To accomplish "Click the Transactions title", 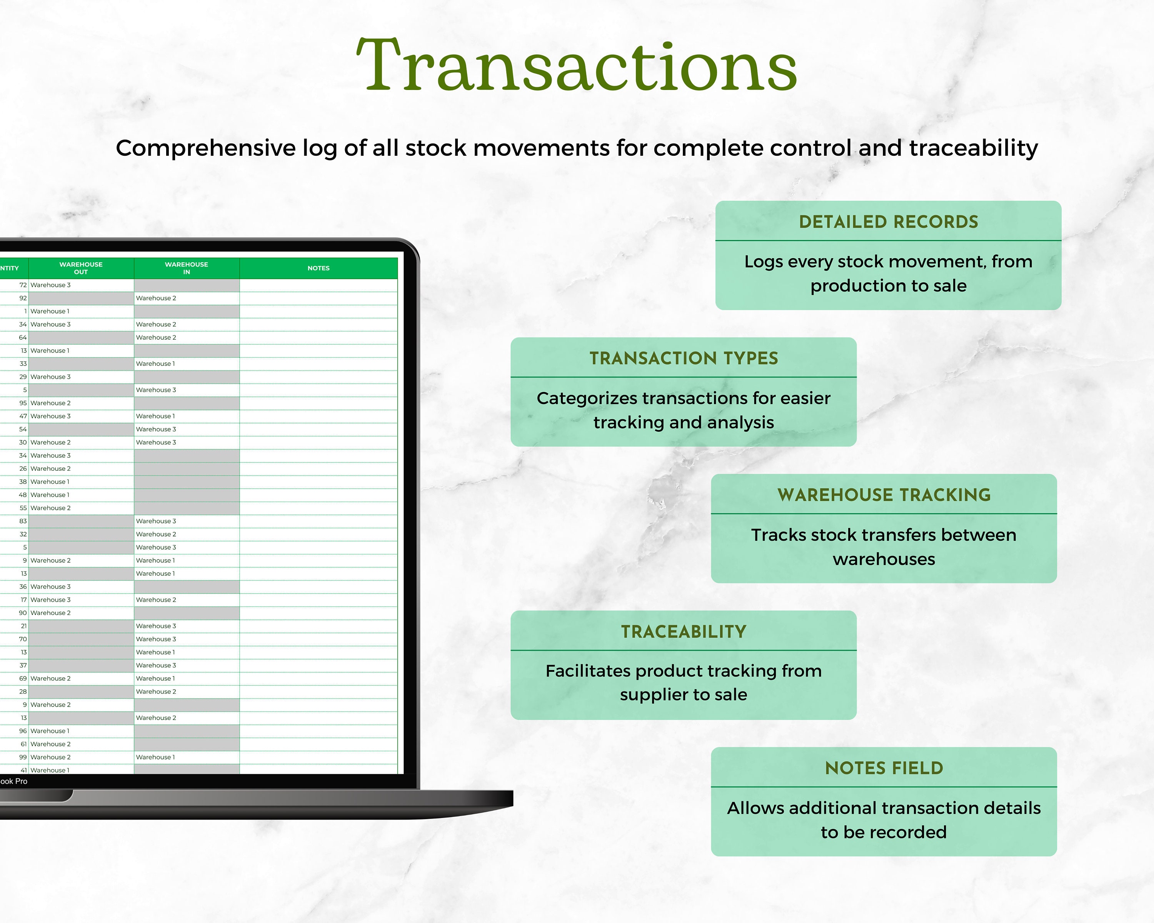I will [577, 66].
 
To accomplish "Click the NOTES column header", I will [319, 268].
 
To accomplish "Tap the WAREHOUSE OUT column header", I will [81, 268].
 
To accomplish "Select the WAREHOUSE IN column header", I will [186, 268].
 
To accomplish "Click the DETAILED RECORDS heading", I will [888, 222].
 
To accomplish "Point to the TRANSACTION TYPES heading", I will [684, 358].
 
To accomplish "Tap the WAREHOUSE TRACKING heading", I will [884, 495].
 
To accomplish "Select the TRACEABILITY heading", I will [684, 631].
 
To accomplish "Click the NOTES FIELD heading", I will [884, 768].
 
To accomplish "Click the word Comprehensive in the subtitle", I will [205, 148].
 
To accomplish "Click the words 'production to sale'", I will [888, 286].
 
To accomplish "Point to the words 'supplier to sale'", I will [684, 695].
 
